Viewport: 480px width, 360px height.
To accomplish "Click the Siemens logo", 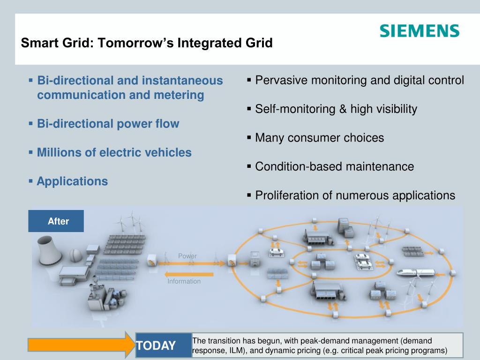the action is [420, 31].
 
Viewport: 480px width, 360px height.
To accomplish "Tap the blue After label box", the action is [56, 221].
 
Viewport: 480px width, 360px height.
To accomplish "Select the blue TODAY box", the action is [164, 345].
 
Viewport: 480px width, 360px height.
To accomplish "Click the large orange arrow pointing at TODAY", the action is [82, 345].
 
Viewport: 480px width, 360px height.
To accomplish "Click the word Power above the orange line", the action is [187, 256].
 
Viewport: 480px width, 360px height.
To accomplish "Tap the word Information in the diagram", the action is [184, 281].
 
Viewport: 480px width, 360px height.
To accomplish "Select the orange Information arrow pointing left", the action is [188, 274].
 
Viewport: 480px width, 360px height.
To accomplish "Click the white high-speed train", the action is [416, 272].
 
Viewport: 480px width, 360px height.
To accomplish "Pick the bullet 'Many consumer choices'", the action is [319, 138].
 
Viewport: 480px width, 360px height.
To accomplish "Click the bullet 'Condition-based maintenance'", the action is [335, 166].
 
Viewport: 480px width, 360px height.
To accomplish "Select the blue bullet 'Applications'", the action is [72, 181].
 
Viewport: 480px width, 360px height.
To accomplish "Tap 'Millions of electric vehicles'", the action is [114, 152].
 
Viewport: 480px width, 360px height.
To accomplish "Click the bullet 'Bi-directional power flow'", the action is [108, 124].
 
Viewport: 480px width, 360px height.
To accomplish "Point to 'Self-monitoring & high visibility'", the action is [336, 109].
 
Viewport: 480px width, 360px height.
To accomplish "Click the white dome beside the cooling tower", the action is [75, 255].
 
